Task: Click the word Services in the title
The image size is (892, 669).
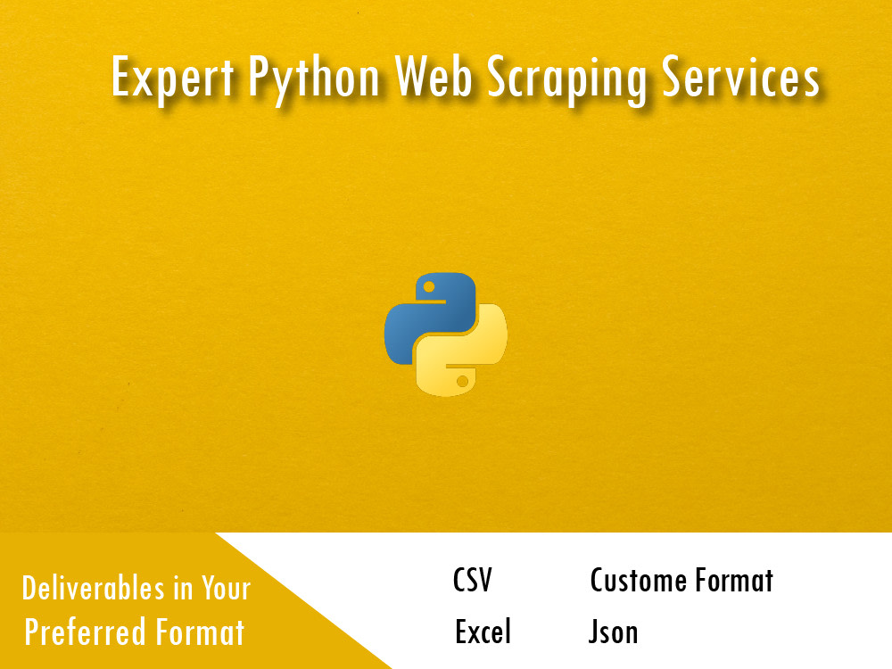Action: pos(742,78)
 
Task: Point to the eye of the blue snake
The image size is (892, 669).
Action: pos(429,287)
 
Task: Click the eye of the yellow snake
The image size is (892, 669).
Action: pos(462,381)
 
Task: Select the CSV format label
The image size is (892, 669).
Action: pos(472,582)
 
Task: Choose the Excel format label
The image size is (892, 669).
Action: pos(483,632)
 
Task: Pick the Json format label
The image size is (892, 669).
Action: pos(613,632)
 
